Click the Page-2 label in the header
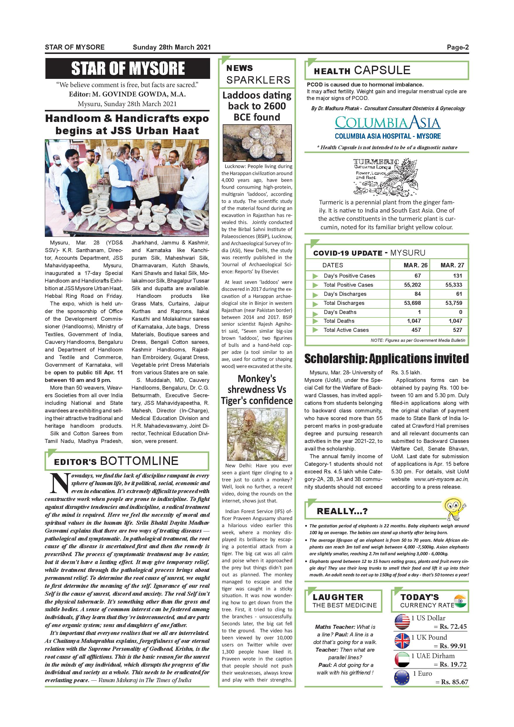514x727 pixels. pos(457,47)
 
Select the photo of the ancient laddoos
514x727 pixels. pos(257,143)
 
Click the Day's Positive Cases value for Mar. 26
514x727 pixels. pos(418,276)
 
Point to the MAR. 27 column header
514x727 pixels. pos(452,265)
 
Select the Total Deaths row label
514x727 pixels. pos(339,321)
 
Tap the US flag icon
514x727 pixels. pos(402,621)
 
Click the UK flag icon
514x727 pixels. pos(402,641)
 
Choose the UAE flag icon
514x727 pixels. pos(402,660)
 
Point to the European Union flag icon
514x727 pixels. pos(402,677)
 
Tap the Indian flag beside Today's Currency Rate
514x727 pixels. pos(460,601)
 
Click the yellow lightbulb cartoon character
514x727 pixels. pos(454,508)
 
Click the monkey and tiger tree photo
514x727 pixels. pos(257,434)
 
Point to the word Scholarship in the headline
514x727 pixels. pos(335,359)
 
